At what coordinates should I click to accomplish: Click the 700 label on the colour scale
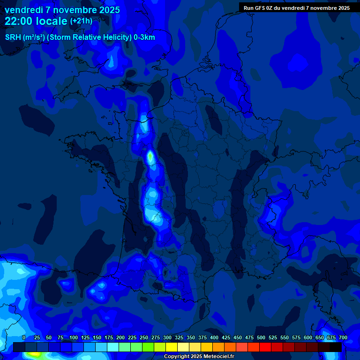pyautogui.click(x=343, y=337)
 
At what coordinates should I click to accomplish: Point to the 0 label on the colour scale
pyautogui.click(x=24, y=337)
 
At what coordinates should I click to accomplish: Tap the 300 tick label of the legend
pyautogui.click(x=167, y=337)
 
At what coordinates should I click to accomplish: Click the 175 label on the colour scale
pyautogui.click(x=109, y=337)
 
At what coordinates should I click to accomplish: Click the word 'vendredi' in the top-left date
pyautogui.click(x=23, y=10)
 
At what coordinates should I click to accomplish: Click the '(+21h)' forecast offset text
pyautogui.click(x=81, y=21)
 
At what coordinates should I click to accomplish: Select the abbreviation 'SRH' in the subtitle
pyautogui.click(x=13, y=37)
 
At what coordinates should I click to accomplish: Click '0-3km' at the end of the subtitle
pyautogui.click(x=144, y=37)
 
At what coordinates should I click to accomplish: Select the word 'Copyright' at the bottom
pyautogui.click(x=177, y=357)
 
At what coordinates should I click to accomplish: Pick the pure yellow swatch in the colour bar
pyautogui.click(x=171, y=347)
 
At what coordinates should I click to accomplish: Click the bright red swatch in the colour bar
pyautogui.click(x=265, y=347)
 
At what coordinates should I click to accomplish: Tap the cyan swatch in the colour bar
pyautogui.click(x=112, y=347)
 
